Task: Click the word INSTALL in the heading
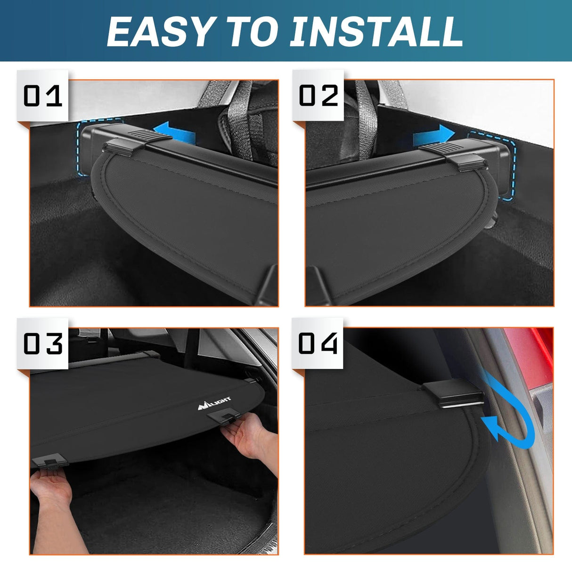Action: click(377, 32)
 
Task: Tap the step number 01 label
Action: click(43, 96)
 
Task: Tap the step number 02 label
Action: click(319, 96)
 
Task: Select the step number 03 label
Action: click(43, 343)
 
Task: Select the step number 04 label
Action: click(319, 343)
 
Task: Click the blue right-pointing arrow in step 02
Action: click(433, 136)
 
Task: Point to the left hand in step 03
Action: click(52, 490)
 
